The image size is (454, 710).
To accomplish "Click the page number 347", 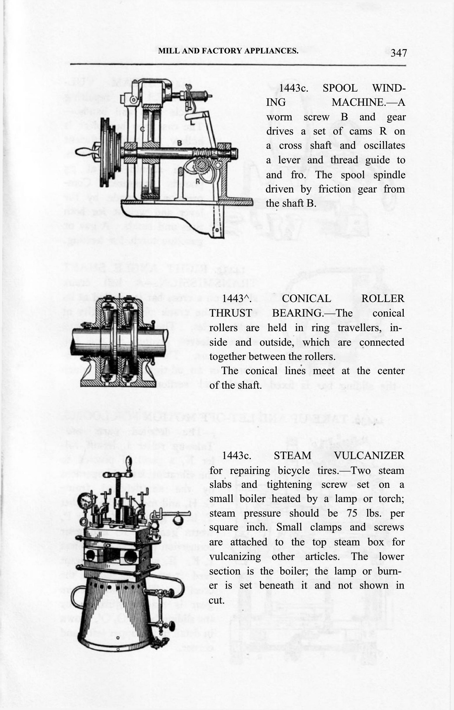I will [x=398, y=53].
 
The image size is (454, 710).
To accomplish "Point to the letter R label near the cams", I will [x=197, y=180].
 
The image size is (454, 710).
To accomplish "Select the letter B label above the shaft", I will [x=180, y=142].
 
